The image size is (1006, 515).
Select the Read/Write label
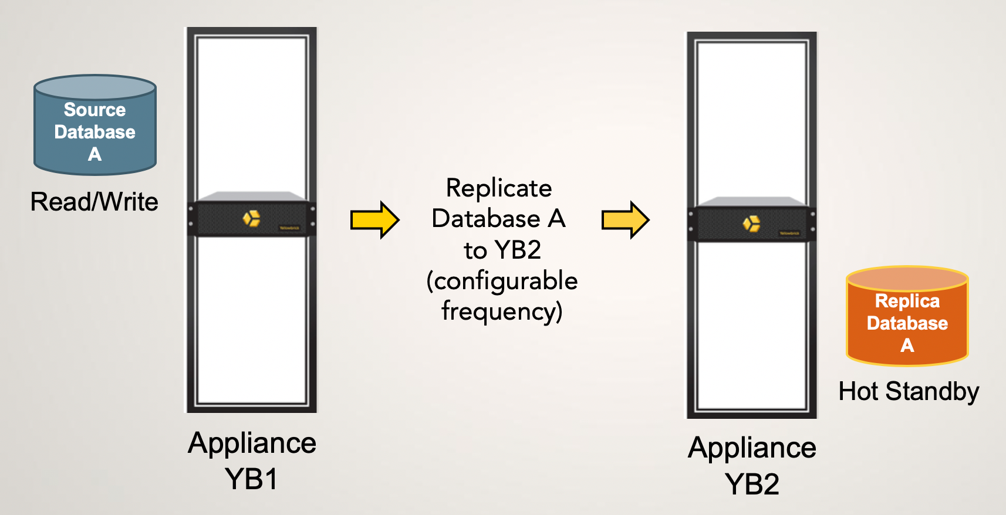coord(94,202)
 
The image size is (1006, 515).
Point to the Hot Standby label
coord(909,391)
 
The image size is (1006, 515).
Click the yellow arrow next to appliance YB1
coord(374,220)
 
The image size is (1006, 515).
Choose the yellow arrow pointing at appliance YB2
coord(625,220)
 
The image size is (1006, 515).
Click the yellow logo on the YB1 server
coord(252,218)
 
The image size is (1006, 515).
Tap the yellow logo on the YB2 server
coord(751,223)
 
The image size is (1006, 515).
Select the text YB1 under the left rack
coord(251,479)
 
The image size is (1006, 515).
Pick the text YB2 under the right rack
coord(752,484)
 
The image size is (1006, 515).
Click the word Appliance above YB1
coord(252,443)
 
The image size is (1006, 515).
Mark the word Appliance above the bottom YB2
coord(752,448)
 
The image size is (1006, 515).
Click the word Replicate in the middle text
coord(499,188)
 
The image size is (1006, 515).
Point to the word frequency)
coord(502,311)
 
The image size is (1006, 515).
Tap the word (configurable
coord(502,281)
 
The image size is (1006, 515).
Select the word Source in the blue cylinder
coord(94,110)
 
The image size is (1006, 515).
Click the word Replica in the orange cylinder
coord(907,301)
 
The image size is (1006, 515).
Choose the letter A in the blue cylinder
coord(94,154)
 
